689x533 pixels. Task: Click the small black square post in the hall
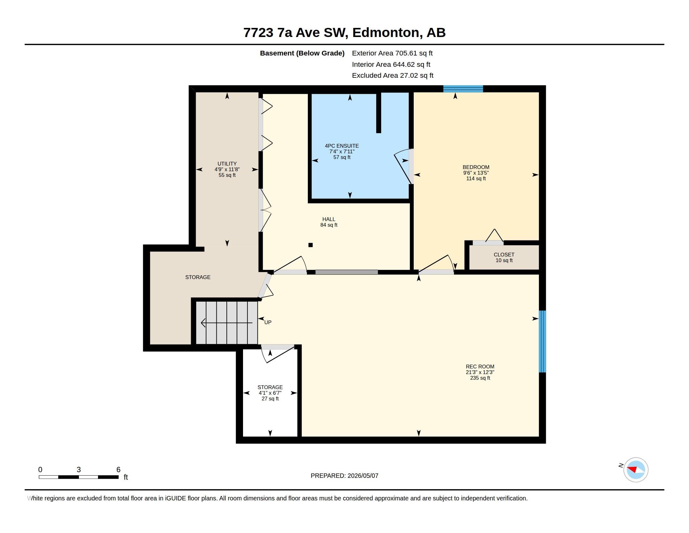click(310, 245)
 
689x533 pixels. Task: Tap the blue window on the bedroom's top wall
click(463, 89)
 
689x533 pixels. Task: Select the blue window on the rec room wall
click(542, 341)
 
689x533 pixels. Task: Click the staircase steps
click(227, 323)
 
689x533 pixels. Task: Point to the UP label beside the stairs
click(267, 322)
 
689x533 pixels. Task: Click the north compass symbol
click(635, 470)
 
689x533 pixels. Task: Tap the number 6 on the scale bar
click(118, 470)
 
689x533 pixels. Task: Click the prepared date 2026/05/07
click(363, 476)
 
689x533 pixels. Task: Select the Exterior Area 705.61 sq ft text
click(392, 53)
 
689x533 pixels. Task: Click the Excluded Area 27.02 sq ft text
click(392, 76)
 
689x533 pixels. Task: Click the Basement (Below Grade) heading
click(302, 53)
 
